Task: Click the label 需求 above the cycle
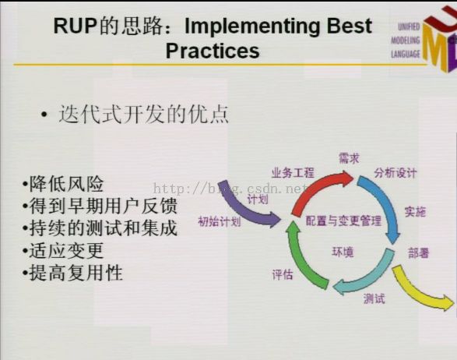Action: (349, 158)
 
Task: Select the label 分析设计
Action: (395, 173)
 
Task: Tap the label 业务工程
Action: (293, 172)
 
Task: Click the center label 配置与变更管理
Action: (343, 221)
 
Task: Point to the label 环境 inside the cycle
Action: (343, 252)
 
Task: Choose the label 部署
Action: (419, 252)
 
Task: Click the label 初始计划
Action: (220, 221)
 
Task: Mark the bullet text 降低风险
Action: (63, 184)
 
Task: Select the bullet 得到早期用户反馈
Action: (100, 206)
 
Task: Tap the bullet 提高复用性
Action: (72, 273)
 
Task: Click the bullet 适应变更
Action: (63, 250)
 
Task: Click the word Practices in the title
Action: (213, 51)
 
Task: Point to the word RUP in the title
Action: (76, 26)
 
